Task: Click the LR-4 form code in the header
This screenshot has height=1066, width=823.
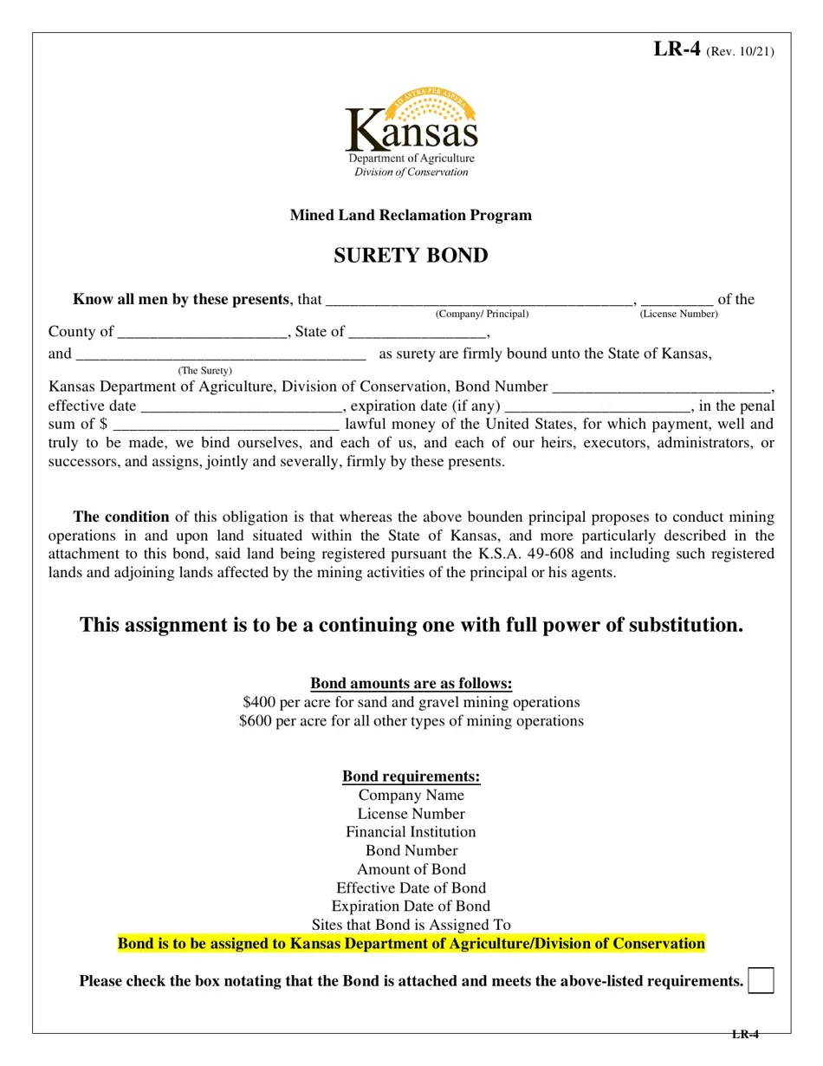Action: (x=676, y=49)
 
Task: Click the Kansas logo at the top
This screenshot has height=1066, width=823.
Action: (x=411, y=132)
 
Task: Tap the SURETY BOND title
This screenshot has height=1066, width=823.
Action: (x=411, y=256)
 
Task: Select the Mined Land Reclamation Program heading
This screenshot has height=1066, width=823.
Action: (x=411, y=215)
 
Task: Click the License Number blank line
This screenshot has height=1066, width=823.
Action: (x=677, y=302)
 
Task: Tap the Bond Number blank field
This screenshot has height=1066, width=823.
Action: (x=661, y=388)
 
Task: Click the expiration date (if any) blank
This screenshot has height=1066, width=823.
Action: (x=597, y=407)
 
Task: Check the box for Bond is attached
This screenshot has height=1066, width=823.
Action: (x=761, y=980)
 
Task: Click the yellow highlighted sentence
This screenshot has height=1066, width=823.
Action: (x=411, y=943)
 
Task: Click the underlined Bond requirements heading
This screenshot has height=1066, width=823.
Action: (x=411, y=776)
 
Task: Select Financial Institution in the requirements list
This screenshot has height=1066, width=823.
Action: (x=411, y=832)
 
